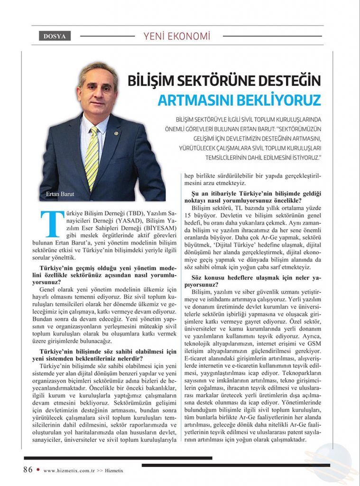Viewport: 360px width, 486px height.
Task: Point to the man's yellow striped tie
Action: (92, 152)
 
